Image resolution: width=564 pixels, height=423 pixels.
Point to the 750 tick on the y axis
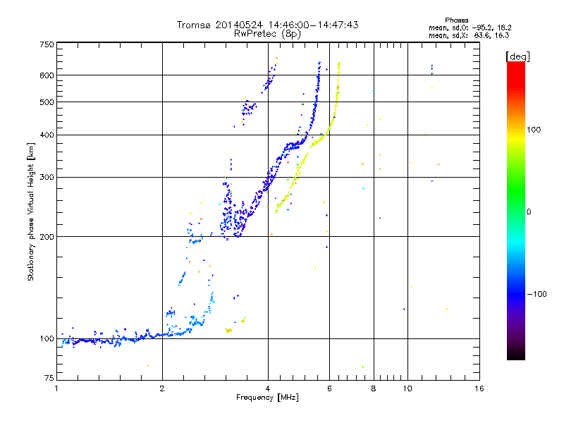[x=47, y=44]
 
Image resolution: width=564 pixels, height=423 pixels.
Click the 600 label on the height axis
[x=47, y=75]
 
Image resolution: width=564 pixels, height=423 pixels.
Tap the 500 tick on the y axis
[x=47, y=102]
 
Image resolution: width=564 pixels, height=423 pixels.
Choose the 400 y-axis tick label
[x=47, y=135]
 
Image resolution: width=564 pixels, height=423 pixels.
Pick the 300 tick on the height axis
[x=47, y=177]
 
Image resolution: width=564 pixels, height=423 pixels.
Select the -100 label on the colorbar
[x=539, y=294]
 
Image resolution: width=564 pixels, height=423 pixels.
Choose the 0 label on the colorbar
[x=532, y=211]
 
